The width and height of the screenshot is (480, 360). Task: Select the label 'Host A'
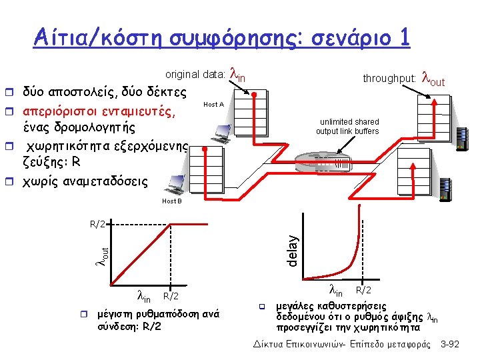213,105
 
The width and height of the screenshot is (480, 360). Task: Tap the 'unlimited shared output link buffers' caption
347,127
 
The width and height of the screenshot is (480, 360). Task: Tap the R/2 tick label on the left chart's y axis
97,223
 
